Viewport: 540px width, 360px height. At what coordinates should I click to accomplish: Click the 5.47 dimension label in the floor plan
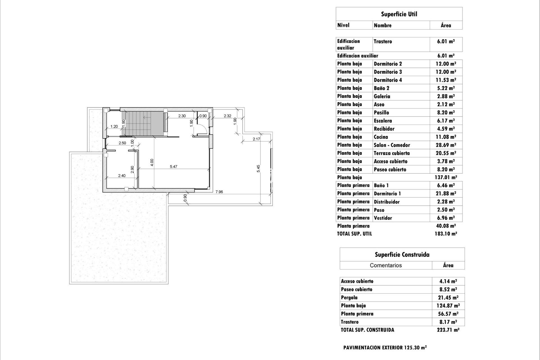point(174,166)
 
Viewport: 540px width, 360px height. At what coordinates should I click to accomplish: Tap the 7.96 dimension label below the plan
point(219,192)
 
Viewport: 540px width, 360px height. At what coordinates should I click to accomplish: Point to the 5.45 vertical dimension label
point(258,168)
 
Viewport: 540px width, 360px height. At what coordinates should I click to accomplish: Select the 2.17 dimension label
point(256,139)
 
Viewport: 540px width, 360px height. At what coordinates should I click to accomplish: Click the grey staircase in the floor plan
point(143,123)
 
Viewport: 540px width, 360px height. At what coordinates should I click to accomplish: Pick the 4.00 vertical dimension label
point(152,163)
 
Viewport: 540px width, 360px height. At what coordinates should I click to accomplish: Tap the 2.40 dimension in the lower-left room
point(122,175)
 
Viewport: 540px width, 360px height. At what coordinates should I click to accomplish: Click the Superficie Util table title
point(399,14)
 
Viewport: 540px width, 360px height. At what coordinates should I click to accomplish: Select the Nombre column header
point(382,25)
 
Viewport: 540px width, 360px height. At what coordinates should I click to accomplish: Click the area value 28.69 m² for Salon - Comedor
point(446,145)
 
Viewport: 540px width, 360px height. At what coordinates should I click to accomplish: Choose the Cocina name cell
point(381,137)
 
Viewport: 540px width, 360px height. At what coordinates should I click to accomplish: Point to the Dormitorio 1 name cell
point(387,193)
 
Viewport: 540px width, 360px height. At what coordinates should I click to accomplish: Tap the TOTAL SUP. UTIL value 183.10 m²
point(446,234)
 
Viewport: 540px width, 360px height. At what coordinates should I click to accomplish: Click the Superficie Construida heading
point(402,255)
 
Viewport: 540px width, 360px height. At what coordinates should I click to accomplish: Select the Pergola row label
point(349,298)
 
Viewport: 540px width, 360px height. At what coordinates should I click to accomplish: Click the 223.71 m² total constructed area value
point(448,330)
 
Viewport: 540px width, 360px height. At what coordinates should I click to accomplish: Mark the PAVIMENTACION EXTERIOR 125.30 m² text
point(385,348)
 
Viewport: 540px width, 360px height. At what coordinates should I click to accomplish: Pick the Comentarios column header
point(386,265)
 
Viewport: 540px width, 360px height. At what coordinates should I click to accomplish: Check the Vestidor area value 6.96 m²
point(446,218)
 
